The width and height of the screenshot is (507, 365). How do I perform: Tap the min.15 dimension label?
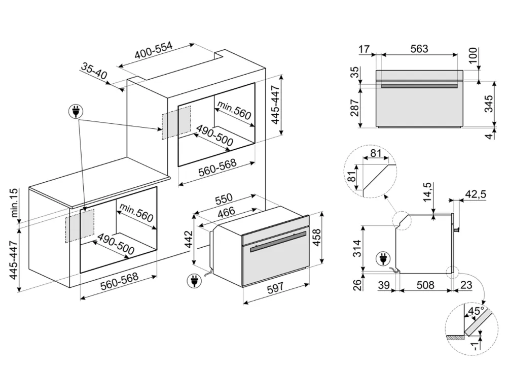[14, 202]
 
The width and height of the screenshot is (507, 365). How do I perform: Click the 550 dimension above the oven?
[223, 198]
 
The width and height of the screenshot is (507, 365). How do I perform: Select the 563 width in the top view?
[419, 49]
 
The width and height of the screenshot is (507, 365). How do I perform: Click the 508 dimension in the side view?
[425, 285]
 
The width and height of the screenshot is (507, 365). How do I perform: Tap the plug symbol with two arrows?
[77, 111]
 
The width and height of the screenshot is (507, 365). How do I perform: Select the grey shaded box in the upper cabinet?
[176, 122]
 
